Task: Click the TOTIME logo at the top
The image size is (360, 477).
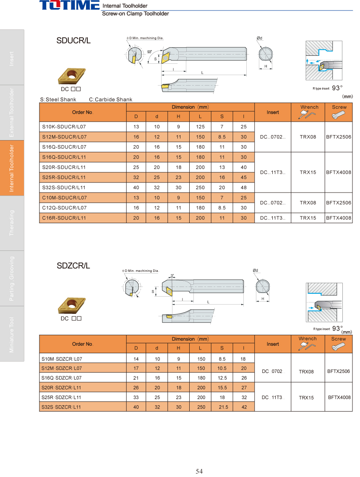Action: pos(70,5)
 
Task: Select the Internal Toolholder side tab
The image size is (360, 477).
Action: pos(12,168)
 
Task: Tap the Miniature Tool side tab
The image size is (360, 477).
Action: pos(12,334)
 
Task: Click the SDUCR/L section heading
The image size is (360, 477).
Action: pos(73,41)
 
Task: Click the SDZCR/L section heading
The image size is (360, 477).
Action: pos(73,266)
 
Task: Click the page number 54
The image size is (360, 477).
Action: pos(199,471)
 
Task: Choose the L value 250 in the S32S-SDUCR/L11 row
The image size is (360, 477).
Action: pos(201,188)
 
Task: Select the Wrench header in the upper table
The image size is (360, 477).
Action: pos(309,107)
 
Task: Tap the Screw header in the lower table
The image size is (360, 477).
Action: pos(339,339)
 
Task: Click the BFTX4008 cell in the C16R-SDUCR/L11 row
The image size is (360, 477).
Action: pos(339,218)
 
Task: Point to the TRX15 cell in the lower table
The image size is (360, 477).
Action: pos(306,397)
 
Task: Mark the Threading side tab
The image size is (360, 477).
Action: pos(12,223)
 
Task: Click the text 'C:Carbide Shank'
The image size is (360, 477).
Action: pos(111,99)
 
